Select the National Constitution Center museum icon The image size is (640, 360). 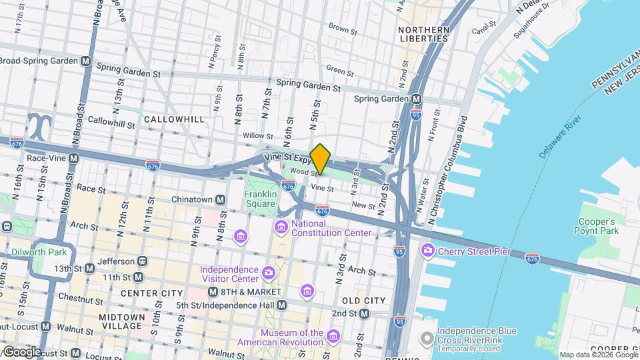[281, 229]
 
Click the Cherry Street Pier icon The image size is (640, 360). [427, 251]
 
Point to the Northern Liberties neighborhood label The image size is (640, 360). [423, 34]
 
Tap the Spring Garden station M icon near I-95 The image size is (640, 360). [417, 99]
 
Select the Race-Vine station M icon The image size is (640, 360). [73, 159]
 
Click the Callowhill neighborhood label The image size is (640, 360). [173, 119]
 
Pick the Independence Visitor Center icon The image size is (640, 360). [268, 272]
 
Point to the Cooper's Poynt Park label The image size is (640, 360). [597, 226]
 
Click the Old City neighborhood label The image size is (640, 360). [364, 301]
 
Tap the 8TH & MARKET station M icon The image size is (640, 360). [213, 292]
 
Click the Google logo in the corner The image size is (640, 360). [22, 351]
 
